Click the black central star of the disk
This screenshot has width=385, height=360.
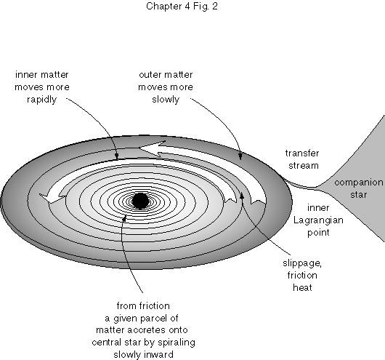click(x=140, y=201)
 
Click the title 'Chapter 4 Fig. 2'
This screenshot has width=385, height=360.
click(x=182, y=6)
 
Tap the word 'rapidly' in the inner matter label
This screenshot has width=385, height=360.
click(x=41, y=100)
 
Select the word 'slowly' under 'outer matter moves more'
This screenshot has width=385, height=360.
click(x=166, y=100)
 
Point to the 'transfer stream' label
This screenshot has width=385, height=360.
click(x=302, y=159)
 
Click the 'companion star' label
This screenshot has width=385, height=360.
click(x=359, y=188)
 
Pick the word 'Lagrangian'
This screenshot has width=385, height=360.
click(x=318, y=220)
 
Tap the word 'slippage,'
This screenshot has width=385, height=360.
click(x=302, y=263)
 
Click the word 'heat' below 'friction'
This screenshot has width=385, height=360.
click(x=302, y=287)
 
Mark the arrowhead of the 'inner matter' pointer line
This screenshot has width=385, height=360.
click(x=117, y=156)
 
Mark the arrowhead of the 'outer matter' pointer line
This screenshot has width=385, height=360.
click(x=240, y=156)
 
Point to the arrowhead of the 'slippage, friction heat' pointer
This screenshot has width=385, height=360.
click(x=242, y=196)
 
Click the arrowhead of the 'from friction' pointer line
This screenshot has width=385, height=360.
click(x=124, y=218)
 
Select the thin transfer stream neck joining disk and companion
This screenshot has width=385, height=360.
click(x=301, y=185)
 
